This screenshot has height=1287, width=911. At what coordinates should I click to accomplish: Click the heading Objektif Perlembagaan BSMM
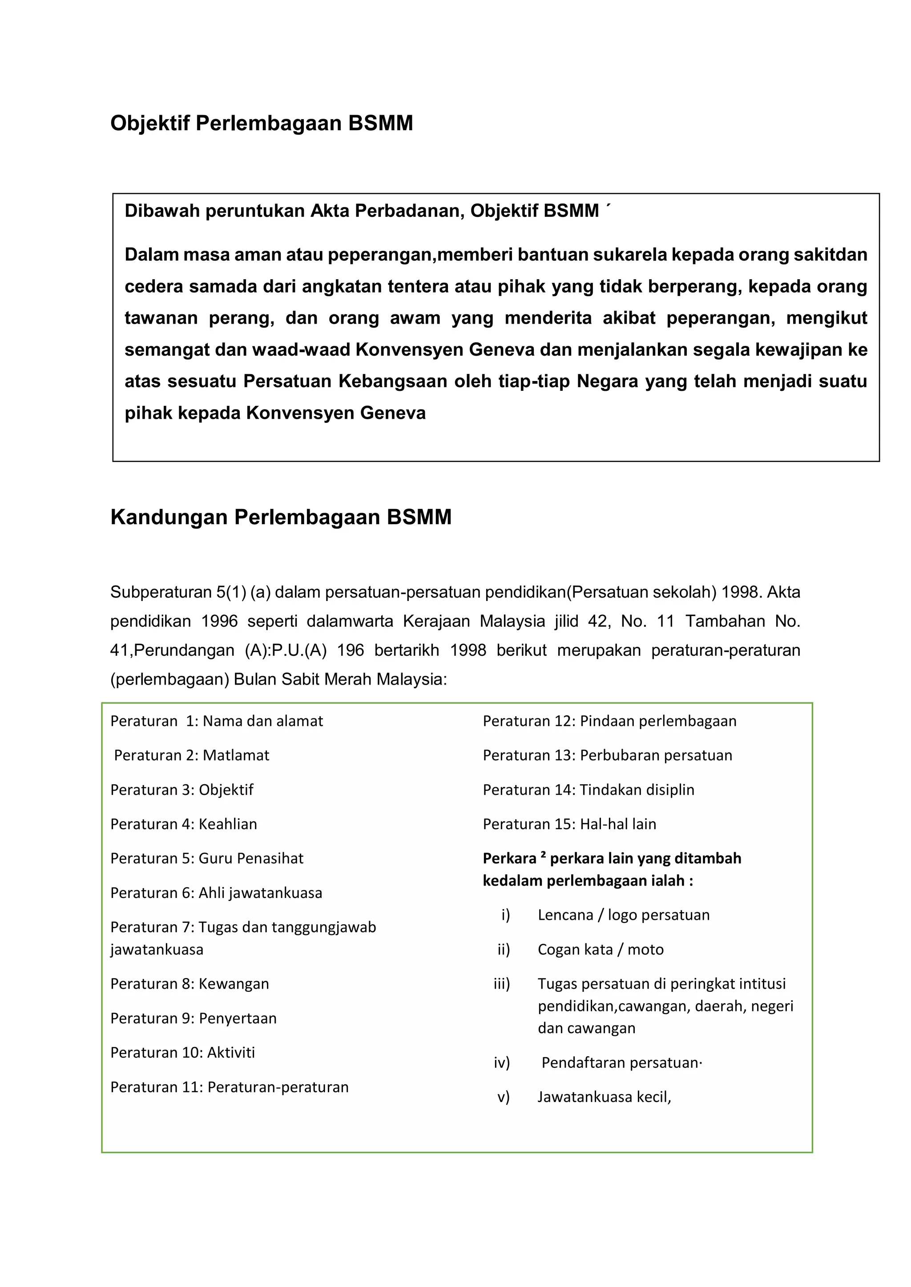(x=262, y=123)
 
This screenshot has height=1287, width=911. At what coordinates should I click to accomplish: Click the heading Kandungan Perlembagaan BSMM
(x=281, y=517)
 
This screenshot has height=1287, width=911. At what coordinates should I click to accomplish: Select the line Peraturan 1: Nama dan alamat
(x=217, y=721)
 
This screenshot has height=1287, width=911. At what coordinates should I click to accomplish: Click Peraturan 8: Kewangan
(x=189, y=984)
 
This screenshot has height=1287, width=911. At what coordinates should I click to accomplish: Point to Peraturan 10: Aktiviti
(x=182, y=1052)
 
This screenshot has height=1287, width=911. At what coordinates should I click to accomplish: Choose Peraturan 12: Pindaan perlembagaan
(x=609, y=721)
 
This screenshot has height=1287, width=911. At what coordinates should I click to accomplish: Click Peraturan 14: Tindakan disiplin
(x=588, y=790)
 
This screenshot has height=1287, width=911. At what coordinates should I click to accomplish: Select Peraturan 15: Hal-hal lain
(x=569, y=824)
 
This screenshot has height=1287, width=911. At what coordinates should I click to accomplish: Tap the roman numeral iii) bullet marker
(x=501, y=984)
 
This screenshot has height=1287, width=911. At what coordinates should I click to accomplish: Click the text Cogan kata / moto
(x=600, y=950)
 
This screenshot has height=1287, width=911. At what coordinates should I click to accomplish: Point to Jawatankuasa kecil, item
(x=604, y=1097)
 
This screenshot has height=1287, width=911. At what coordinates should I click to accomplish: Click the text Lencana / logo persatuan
(x=623, y=915)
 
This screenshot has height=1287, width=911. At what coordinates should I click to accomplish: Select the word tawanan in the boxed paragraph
(x=161, y=318)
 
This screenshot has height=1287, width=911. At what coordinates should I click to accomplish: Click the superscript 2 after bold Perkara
(x=543, y=855)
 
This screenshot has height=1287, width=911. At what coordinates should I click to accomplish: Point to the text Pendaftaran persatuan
(x=621, y=1063)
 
